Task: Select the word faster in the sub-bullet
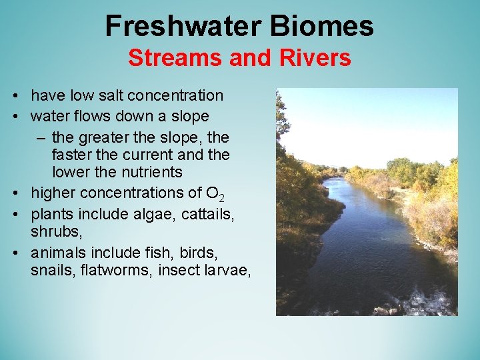(72, 155)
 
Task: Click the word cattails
(188, 213)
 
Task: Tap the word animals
(58, 253)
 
